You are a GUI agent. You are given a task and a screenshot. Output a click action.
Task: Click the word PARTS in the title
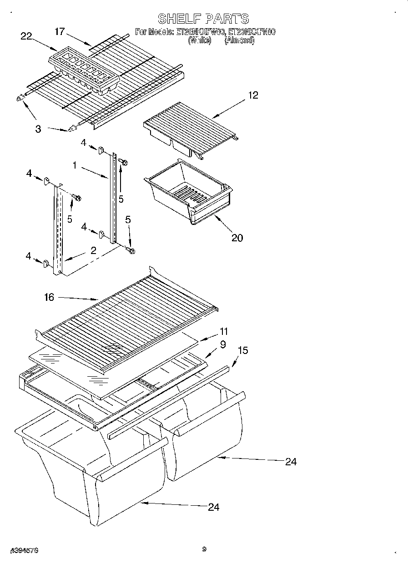click(227, 19)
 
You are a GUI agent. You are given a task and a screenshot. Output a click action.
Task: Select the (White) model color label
click(200, 40)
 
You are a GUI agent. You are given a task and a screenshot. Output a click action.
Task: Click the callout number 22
click(26, 36)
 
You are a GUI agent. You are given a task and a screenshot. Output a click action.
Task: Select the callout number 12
click(253, 95)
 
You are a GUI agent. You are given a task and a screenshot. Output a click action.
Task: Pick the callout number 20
click(237, 237)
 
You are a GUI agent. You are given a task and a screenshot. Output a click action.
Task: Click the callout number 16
click(49, 297)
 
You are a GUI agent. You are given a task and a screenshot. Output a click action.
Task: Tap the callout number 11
click(223, 332)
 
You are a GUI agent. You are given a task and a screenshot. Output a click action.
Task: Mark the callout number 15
click(242, 351)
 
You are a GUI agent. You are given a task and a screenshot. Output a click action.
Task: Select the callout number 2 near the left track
click(93, 251)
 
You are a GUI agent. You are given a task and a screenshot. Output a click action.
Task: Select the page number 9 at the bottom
click(204, 549)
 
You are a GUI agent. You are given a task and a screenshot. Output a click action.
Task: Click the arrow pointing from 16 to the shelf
click(77, 299)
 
